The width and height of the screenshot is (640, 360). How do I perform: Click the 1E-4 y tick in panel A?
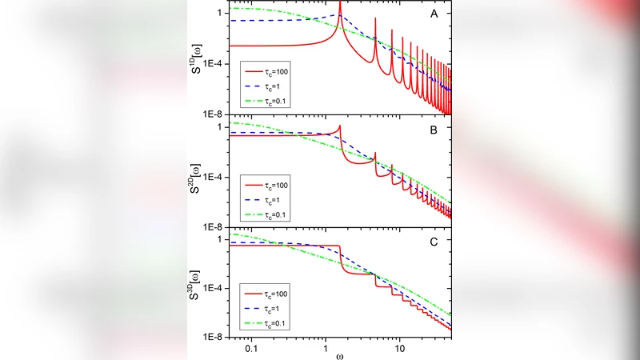(x=215, y=63)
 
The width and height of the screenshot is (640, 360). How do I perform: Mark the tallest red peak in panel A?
(x=340, y=4)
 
